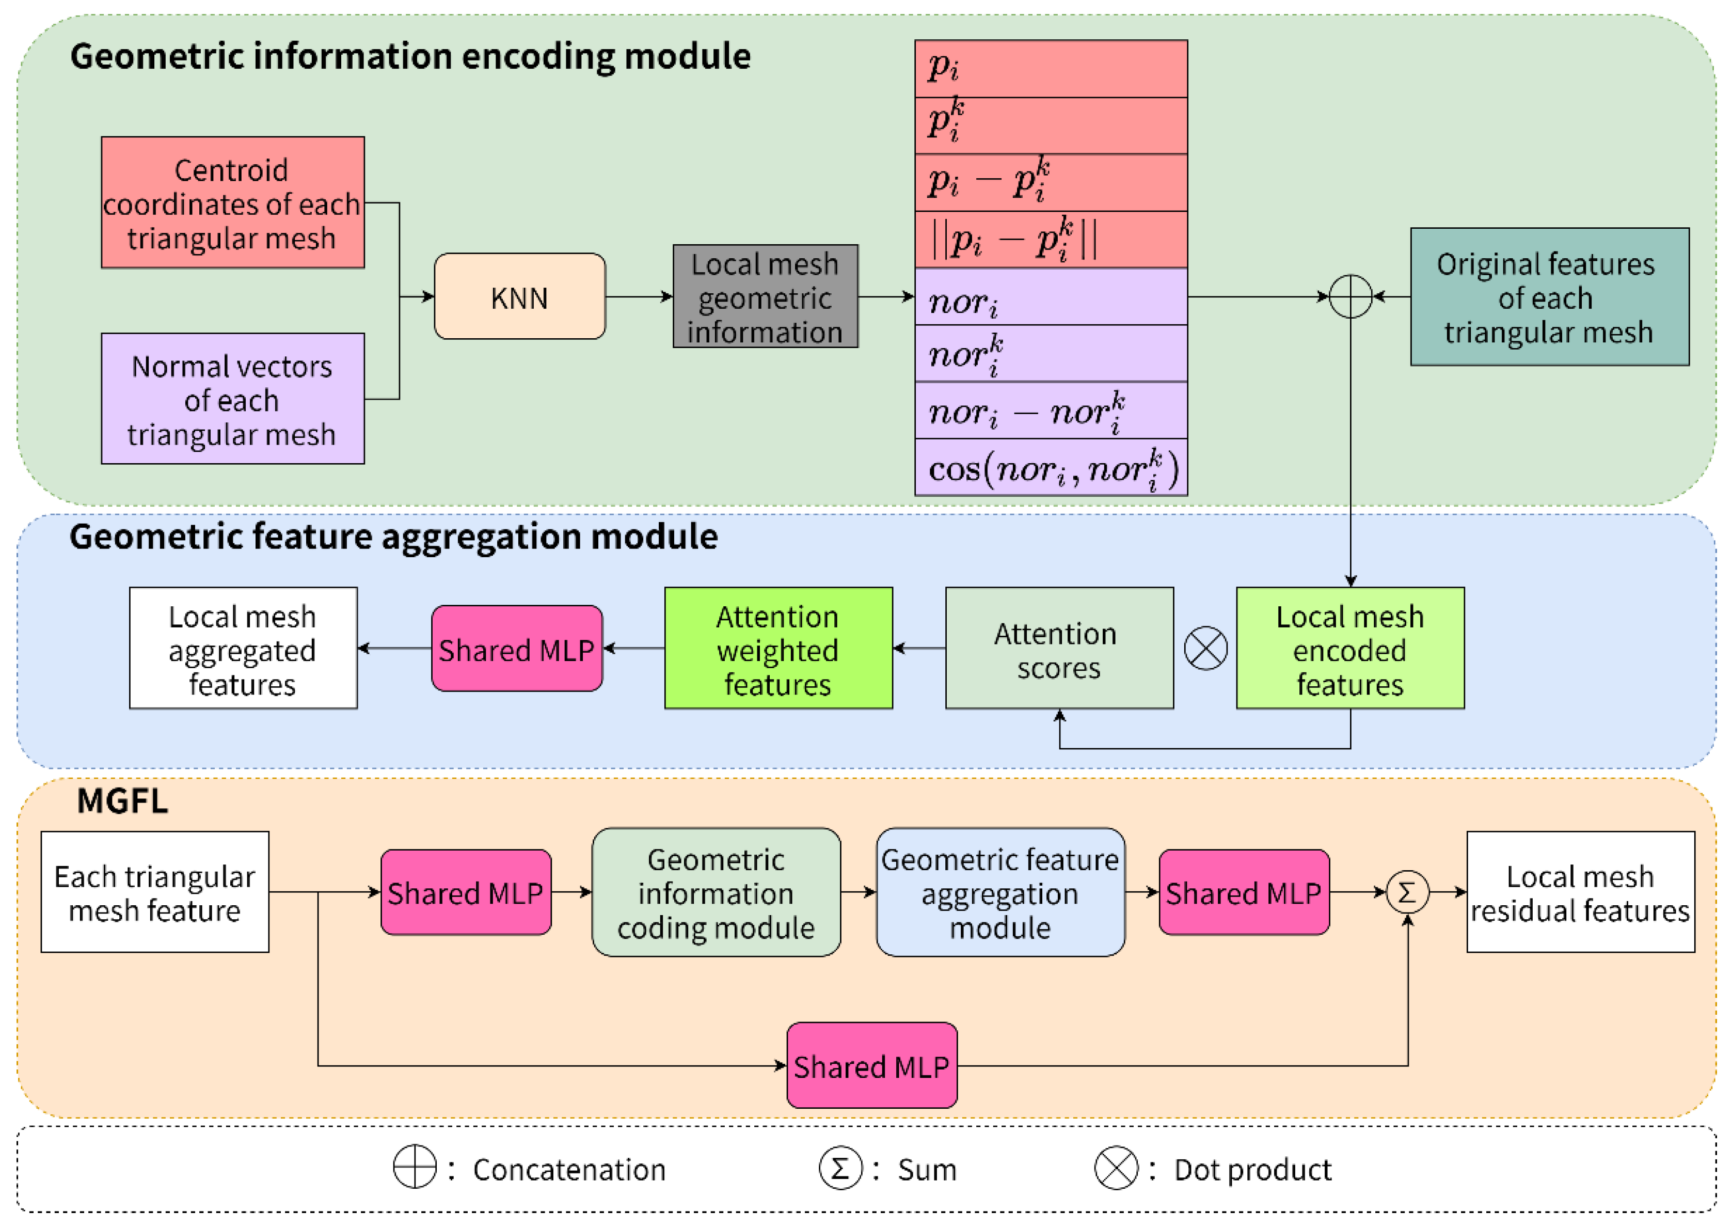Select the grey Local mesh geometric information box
(765, 296)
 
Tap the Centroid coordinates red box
(233, 202)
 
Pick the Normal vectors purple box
(233, 399)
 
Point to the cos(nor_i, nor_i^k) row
(1051, 468)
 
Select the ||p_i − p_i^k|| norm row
(1051, 240)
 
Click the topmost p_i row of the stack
(1051, 69)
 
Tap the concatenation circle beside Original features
(1350, 296)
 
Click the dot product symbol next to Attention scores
(1205, 648)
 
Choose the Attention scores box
(1059, 648)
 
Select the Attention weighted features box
(778, 648)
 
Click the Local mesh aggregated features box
(243, 648)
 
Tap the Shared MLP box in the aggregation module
(517, 648)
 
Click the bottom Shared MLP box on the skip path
(871, 1065)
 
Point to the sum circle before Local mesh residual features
(1407, 892)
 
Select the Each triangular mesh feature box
(155, 892)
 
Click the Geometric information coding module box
(716, 892)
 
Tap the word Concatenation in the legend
(569, 1170)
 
